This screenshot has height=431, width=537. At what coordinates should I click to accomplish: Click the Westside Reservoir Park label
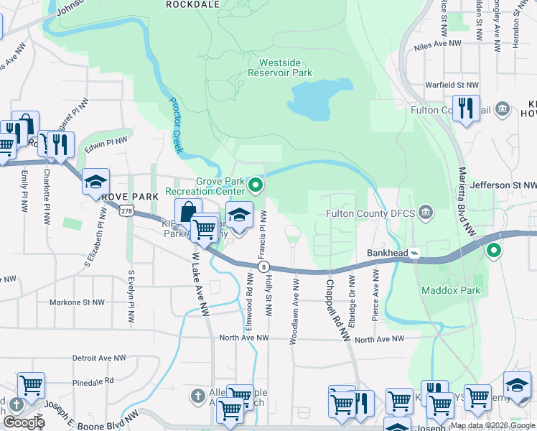(x=280, y=68)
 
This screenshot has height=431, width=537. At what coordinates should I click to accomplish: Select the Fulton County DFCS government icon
(x=426, y=213)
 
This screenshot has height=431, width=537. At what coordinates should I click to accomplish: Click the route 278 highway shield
(x=126, y=211)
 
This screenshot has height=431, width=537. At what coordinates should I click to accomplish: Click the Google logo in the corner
(x=23, y=422)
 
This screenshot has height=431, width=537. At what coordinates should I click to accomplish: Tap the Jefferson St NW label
(x=504, y=185)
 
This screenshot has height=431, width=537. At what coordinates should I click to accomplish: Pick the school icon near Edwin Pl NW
(x=95, y=182)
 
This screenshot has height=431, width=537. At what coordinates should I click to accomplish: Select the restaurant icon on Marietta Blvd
(x=467, y=108)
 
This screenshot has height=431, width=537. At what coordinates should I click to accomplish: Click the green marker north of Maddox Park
(x=493, y=251)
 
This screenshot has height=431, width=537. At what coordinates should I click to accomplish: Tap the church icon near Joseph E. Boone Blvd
(x=197, y=396)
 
